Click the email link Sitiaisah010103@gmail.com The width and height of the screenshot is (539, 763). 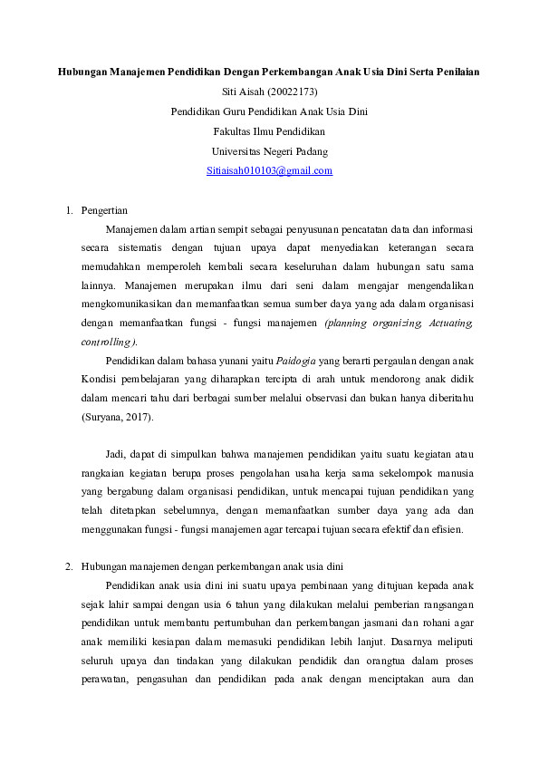[269, 170]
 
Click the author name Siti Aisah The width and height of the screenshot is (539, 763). [242, 91]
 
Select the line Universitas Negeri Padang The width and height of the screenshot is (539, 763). [269, 150]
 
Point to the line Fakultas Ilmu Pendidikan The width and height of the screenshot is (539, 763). [269, 130]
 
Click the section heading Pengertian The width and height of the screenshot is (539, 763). [104, 210]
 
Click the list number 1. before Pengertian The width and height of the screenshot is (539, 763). [69, 210]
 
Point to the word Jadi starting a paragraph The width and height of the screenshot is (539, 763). [114, 454]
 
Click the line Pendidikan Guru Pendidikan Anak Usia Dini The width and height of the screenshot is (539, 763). [269, 111]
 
